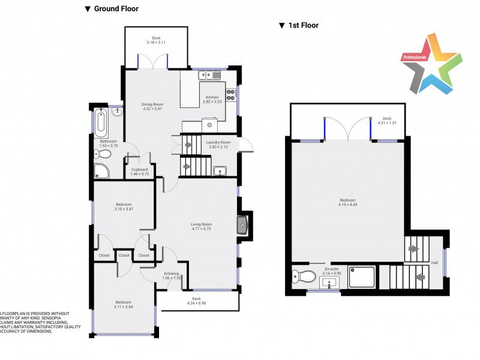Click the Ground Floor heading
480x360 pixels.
pos(112,9)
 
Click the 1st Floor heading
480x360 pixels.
pos(299,25)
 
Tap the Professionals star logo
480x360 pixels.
pos(431,64)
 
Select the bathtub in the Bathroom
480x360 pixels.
pos(100,122)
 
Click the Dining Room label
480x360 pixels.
pos(152,104)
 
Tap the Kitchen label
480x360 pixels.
pos(212,97)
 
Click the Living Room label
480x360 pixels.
pos(202,224)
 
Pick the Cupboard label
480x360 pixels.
pos(139,170)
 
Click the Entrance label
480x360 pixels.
pos(172,274)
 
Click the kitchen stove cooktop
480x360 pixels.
pos(232,95)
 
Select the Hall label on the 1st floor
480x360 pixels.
pos(434,263)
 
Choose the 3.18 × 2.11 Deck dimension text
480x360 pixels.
pos(156,43)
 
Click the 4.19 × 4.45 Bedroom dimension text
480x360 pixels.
pos(347,205)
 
